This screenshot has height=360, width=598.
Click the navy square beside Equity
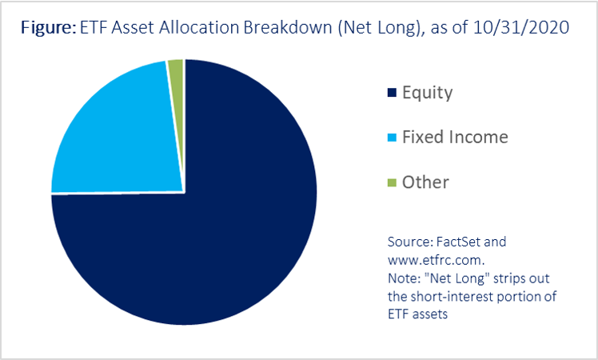392,93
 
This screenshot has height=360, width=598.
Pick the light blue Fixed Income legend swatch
392,138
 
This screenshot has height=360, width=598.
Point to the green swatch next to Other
392,182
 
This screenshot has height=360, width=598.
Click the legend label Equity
428,93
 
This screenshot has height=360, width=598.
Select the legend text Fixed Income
455,137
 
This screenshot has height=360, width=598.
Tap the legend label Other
425,182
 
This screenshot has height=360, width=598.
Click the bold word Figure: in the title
49,28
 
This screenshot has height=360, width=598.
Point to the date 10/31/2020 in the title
521,27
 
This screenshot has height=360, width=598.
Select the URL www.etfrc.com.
437,260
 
